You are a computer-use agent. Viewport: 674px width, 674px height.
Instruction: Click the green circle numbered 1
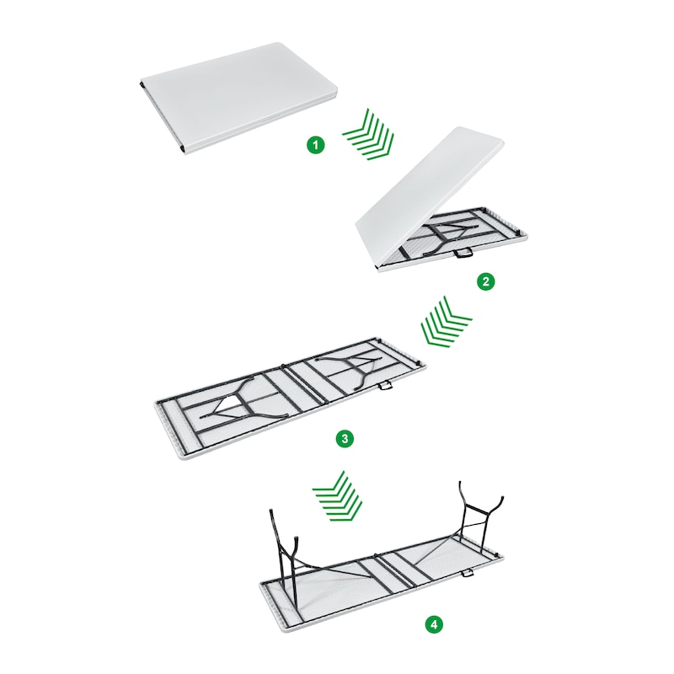click(316, 145)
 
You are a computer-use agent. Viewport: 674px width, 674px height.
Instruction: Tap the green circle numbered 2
click(486, 281)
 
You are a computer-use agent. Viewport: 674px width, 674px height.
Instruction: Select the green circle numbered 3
click(345, 439)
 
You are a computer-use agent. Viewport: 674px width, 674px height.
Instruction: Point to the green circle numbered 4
click(434, 623)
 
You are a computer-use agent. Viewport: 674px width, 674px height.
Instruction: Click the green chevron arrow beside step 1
click(369, 135)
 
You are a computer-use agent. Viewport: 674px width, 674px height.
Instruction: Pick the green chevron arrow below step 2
click(446, 322)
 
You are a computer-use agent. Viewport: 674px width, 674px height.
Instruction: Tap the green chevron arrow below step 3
click(338, 495)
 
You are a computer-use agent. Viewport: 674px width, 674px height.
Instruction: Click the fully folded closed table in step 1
click(239, 97)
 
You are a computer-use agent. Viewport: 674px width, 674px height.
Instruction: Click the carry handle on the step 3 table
click(385, 385)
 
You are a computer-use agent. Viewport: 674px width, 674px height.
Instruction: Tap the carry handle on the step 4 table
click(467, 574)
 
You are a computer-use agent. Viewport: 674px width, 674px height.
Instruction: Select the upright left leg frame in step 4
click(286, 563)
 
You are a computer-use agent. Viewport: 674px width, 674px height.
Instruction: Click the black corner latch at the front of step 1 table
click(183, 148)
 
